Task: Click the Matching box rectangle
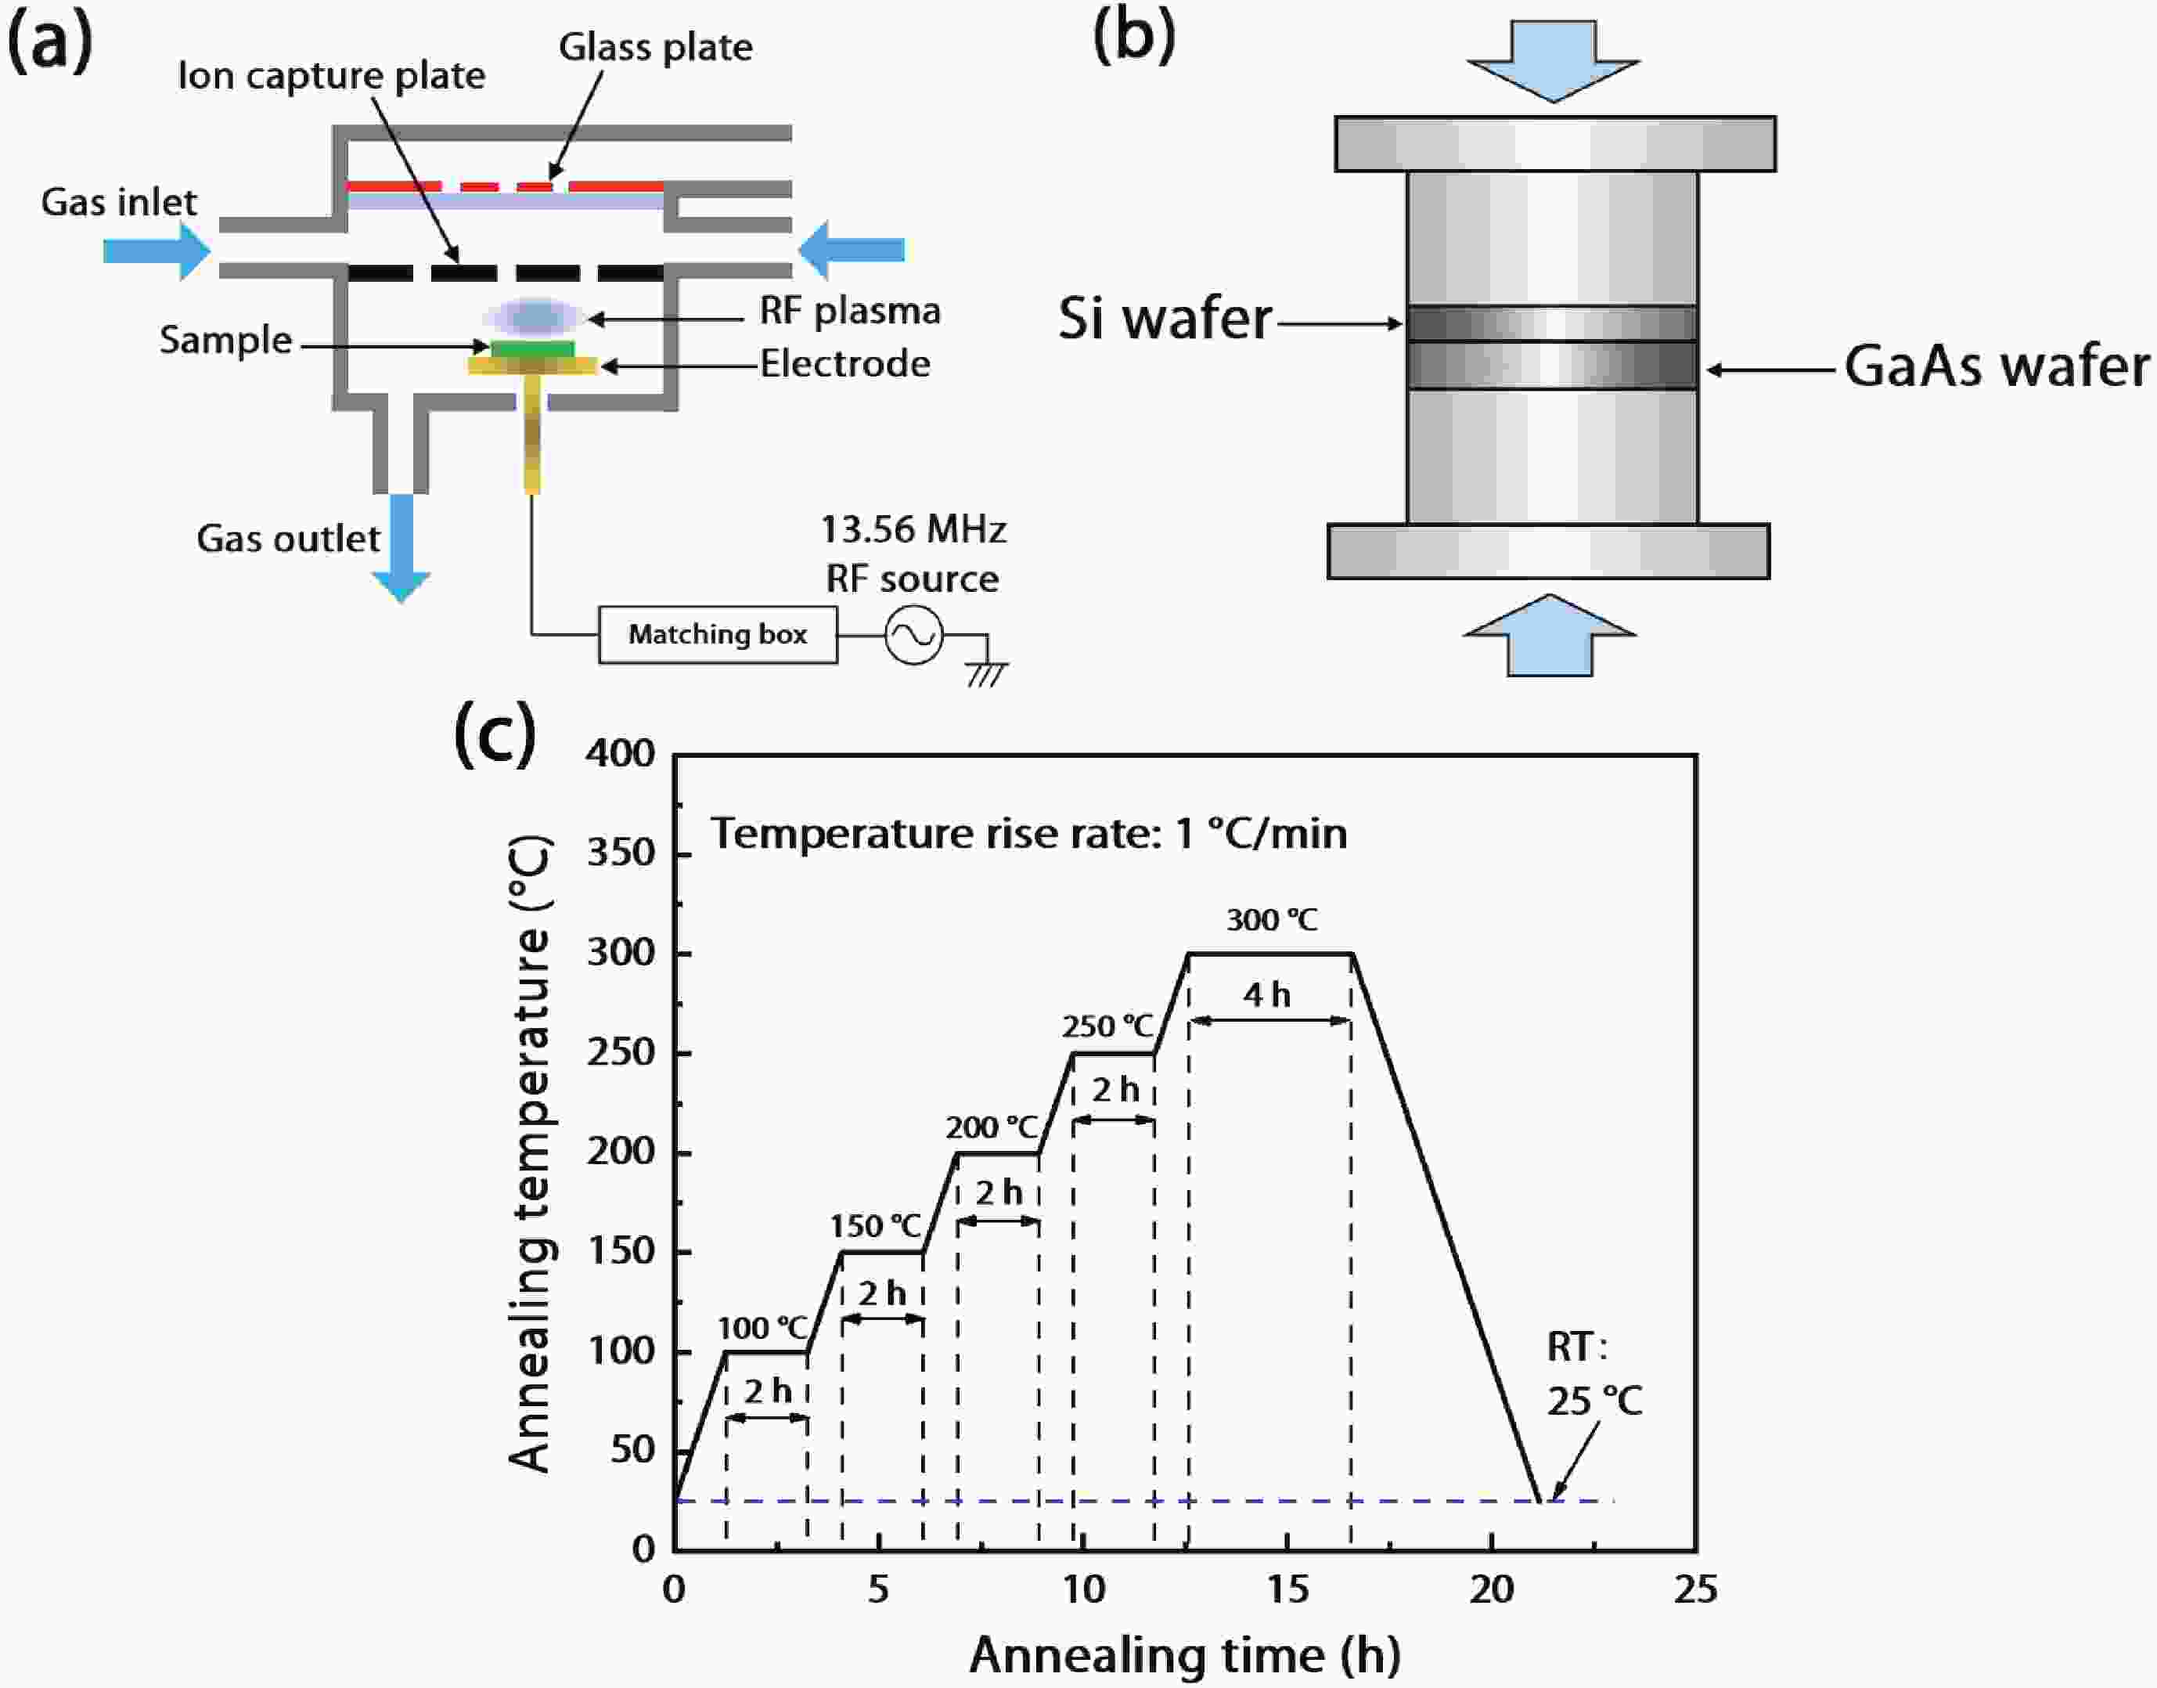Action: coord(718,634)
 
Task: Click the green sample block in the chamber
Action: coord(532,348)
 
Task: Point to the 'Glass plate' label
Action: coord(655,48)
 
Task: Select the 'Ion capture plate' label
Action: coord(331,76)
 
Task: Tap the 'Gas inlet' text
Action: coord(118,203)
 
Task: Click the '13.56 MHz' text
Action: coord(913,531)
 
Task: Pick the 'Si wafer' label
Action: coord(1165,319)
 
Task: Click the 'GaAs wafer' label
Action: coord(1996,366)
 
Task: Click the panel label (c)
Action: coord(494,734)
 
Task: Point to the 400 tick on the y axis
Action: coord(621,754)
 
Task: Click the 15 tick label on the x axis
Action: coord(1287,1590)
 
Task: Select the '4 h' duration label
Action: coord(1267,995)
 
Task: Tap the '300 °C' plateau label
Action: coord(1272,920)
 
